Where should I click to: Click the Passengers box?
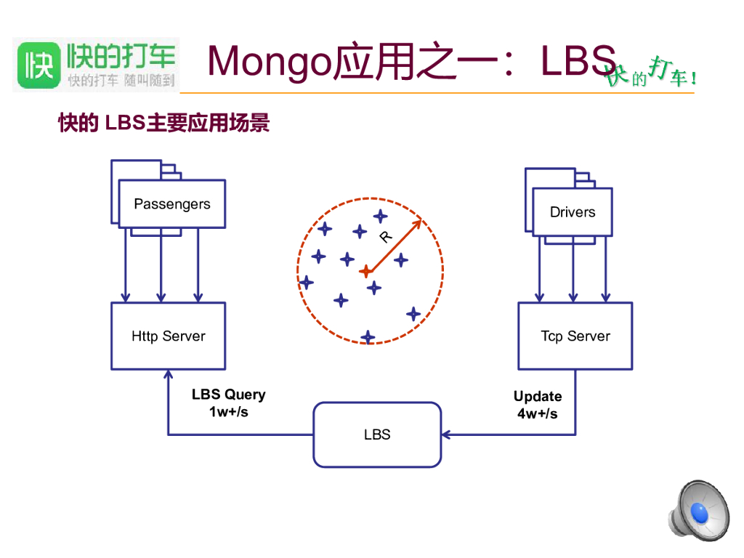(x=172, y=204)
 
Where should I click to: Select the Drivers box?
(x=573, y=212)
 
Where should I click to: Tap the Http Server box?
(x=169, y=336)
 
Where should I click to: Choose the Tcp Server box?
(x=575, y=336)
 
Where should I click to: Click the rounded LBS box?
(x=377, y=434)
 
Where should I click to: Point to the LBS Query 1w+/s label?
(x=229, y=403)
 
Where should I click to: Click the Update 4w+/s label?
(x=538, y=405)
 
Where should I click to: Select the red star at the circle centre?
(x=366, y=272)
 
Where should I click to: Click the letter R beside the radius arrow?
(x=386, y=236)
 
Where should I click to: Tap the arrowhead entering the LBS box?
(x=446, y=434)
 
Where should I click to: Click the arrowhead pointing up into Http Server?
(x=169, y=374)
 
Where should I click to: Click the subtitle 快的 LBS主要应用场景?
(x=163, y=124)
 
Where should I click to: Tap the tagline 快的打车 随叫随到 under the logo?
(x=122, y=80)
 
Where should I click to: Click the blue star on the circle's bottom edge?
(x=368, y=336)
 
